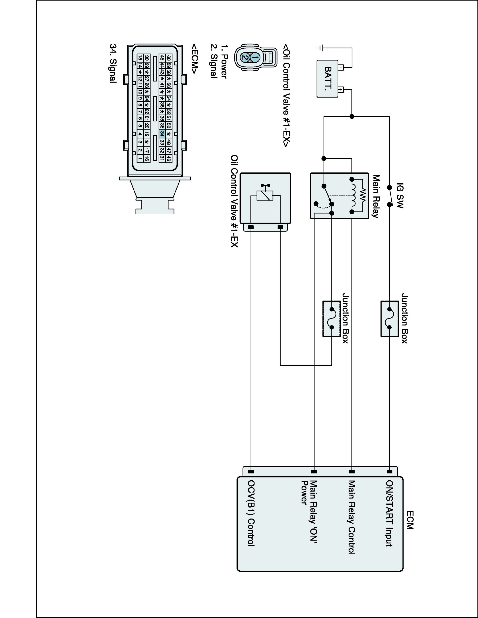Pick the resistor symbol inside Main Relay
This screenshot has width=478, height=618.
click(x=363, y=195)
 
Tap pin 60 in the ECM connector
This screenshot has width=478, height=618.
click(x=168, y=58)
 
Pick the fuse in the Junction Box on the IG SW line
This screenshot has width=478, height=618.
click(x=389, y=318)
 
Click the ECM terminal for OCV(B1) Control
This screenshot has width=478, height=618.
click(x=251, y=472)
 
